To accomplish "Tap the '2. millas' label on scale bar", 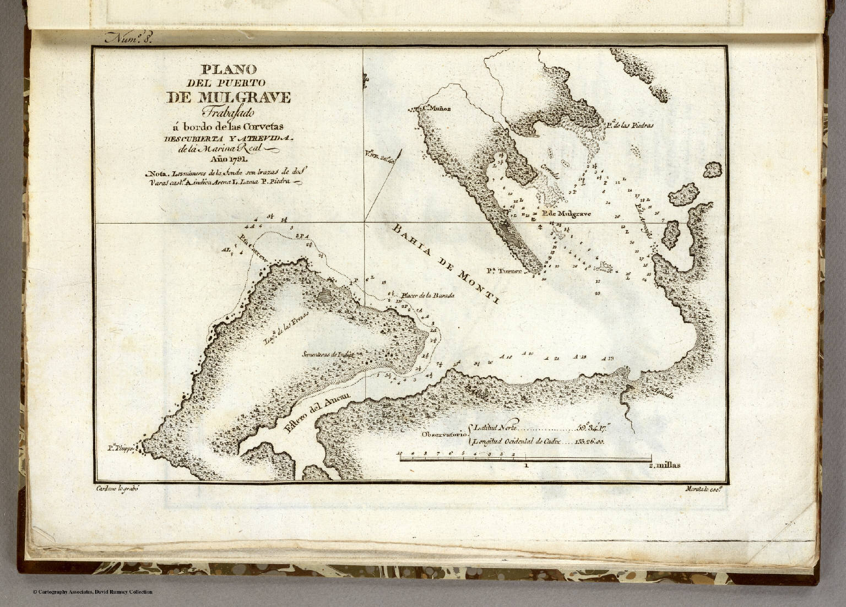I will [x=665, y=464].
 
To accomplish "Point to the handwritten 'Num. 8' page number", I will [x=124, y=39].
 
